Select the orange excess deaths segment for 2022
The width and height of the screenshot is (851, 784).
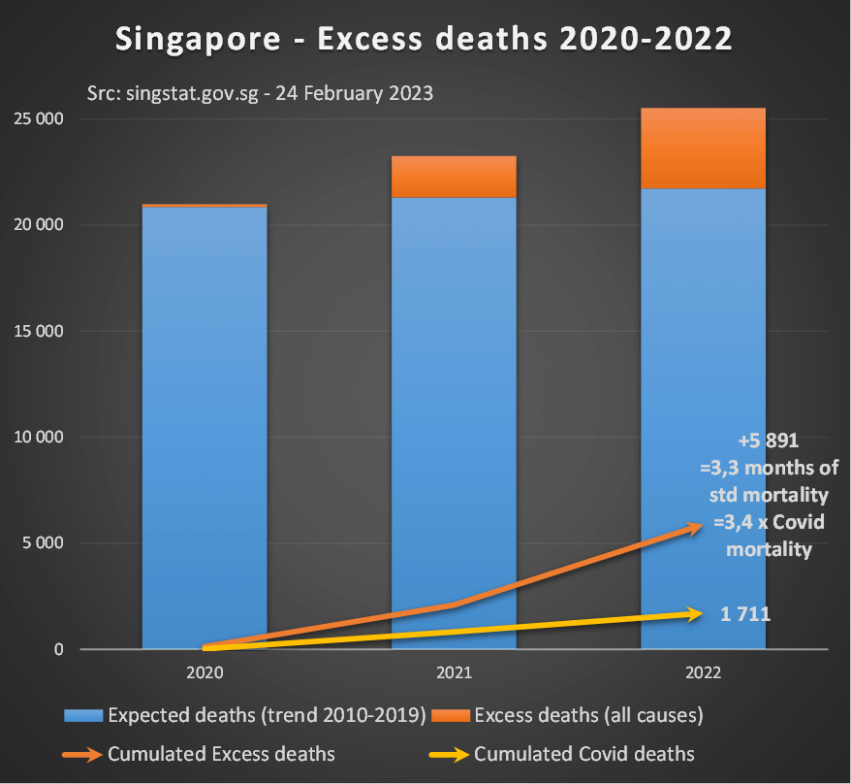[x=703, y=147]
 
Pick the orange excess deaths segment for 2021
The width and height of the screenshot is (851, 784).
[x=454, y=177]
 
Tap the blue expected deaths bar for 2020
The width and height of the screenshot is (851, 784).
[x=205, y=427]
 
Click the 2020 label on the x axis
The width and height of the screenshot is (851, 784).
[x=205, y=671]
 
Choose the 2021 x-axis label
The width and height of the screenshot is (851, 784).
[x=454, y=671]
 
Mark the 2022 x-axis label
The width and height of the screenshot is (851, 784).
[x=703, y=671]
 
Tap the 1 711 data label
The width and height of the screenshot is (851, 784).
[x=745, y=613]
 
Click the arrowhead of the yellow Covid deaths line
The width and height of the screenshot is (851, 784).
[x=694, y=613]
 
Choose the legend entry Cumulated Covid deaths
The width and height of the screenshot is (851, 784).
[x=562, y=754]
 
